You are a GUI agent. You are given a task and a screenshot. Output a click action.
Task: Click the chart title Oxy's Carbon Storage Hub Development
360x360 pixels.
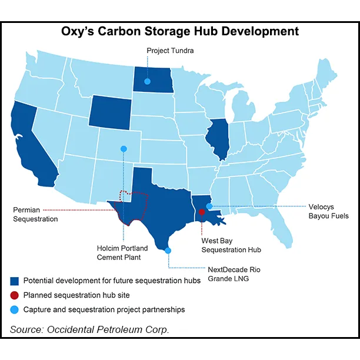180,31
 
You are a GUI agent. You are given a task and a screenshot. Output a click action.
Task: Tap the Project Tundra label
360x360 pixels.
170,51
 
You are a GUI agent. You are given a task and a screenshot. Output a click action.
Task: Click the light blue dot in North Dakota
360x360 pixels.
147,81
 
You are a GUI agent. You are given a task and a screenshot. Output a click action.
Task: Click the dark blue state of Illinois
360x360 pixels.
218,139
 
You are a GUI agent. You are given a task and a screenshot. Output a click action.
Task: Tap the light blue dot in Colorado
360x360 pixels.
124,149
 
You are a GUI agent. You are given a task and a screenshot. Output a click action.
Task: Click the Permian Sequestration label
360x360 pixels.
36,214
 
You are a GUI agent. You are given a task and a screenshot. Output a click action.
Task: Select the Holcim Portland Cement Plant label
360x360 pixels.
122,252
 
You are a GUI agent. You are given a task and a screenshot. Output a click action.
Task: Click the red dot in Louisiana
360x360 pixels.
202,212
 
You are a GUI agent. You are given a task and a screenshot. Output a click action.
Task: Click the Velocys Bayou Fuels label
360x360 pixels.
328,211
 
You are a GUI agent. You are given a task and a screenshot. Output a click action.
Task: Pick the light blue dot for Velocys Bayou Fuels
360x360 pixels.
209,206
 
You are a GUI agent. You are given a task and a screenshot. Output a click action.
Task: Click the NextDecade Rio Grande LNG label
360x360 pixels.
233,274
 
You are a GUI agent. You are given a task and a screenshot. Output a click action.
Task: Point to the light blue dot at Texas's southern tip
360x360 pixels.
168,251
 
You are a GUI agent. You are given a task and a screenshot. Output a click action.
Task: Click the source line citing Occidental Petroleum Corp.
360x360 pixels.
89,329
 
